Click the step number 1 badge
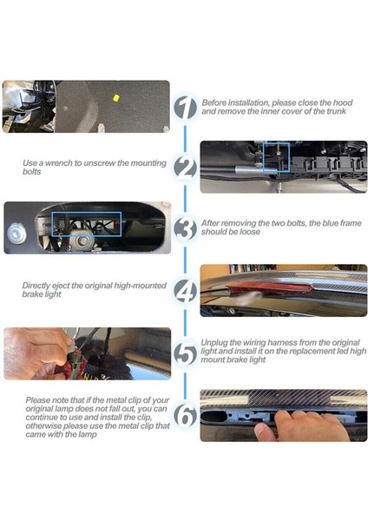point(186,108)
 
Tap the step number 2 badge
point(186,168)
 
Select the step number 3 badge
point(186,228)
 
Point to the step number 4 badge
point(186,291)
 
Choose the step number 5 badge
point(186,353)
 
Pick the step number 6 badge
point(186,415)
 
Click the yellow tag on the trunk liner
point(116,97)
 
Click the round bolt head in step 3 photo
point(16,233)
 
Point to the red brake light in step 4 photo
point(268,287)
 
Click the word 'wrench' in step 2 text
point(59,163)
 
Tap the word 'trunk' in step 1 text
point(336,111)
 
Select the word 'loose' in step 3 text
point(249,232)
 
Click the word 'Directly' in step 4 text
point(36,286)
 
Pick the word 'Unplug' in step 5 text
point(214,343)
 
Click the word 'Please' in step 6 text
point(37,400)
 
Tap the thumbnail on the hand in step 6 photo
point(260,431)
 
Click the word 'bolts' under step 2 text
point(32,172)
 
